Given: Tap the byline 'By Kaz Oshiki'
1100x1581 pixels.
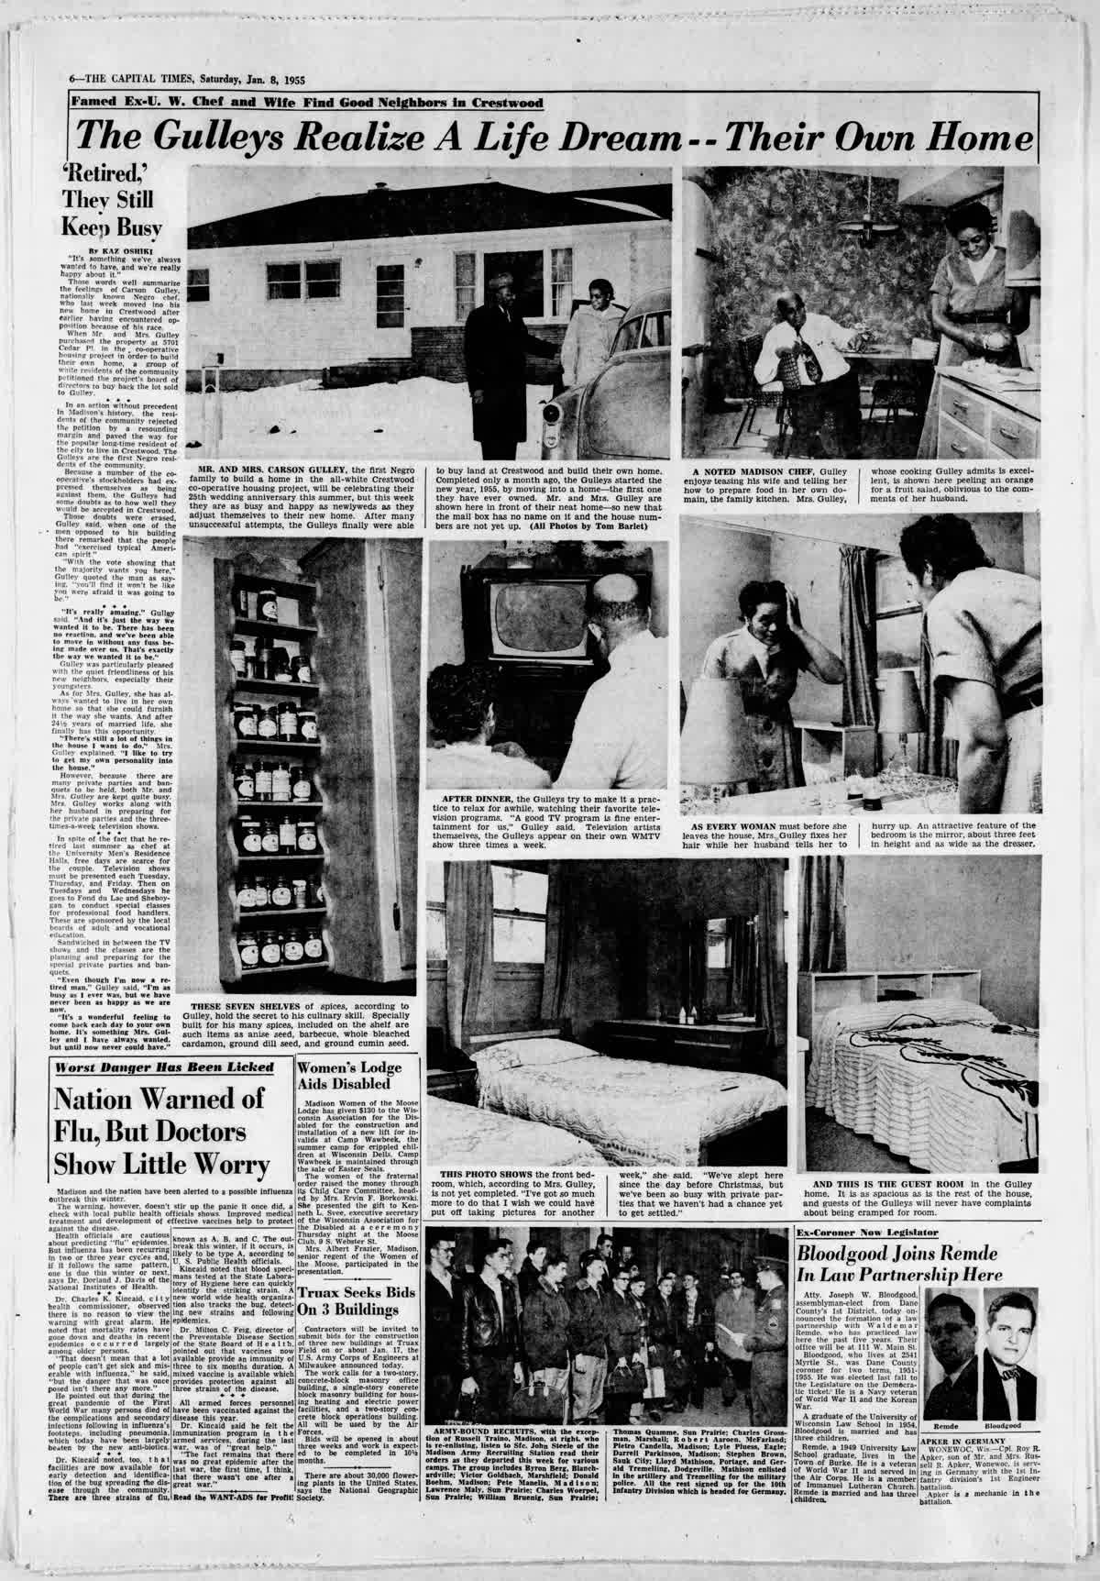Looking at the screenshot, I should click(118, 249).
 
